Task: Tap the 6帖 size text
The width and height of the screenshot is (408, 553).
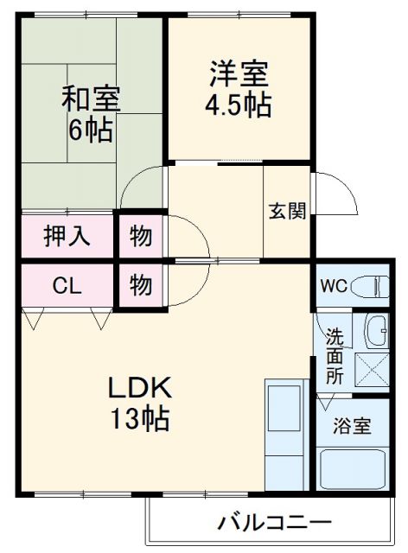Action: (x=91, y=130)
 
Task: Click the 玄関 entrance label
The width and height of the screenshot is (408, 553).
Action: (x=287, y=211)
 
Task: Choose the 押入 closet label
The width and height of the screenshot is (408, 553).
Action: (x=68, y=235)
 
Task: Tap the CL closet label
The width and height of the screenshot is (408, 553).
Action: (x=67, y=285)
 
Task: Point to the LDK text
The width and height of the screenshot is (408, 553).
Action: (x=140, y=387)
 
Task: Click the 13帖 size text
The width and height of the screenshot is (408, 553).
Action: (x=140, y=421)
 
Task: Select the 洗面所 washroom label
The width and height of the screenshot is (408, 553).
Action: (x=334, y=355)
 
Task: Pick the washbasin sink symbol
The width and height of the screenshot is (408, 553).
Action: (x=377, y=329)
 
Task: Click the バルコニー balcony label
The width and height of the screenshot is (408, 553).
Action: (x=273, y=523)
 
